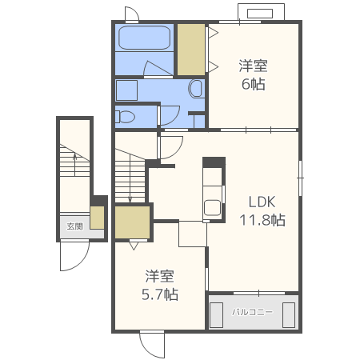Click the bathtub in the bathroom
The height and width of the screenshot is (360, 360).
click(x=144, y=38)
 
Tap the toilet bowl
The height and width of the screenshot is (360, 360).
click(x=125, y=117)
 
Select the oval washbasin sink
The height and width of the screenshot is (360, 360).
click(x=196, y=89)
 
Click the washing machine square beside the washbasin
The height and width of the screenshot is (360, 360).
click(x=126, y=90)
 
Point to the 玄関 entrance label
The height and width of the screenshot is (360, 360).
click(x=74, y=226)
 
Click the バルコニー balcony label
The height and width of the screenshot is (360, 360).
click(x=252, y=312)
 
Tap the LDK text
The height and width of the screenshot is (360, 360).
click(x=262, y=202)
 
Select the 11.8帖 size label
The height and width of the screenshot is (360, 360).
click(x=262, y=220)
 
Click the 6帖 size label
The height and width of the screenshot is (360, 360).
click(x=254, y=84)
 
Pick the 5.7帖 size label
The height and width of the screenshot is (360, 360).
click(x=160, y=294)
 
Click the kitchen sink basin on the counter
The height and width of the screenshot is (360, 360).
click(x=213, y=208)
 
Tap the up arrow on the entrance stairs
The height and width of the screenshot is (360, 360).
click(x=75, y=164)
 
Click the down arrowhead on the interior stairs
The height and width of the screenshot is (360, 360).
click(x=130, y=199)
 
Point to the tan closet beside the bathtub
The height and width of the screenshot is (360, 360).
click(x=191, y=50)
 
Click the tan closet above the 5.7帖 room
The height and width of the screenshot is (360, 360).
click(x=132, y=222)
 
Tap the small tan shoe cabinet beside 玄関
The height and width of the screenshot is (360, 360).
click(x=97, y=218)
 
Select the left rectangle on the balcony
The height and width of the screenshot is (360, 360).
click(x=216, y=315)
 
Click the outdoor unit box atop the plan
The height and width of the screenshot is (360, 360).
click(x=261, y=12)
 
